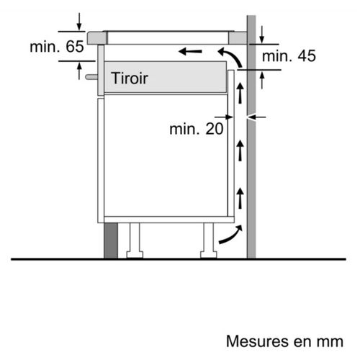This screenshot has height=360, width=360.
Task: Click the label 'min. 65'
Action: pos(57,47)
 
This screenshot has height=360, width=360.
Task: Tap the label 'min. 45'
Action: pos(289,56)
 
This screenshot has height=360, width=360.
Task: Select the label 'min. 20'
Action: pos(197,129)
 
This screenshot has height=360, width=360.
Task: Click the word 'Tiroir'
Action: pos(130,78)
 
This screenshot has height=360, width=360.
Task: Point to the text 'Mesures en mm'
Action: pos(284,341)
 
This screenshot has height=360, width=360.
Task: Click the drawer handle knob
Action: pos(91,77)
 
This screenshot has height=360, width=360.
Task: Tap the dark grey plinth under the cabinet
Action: pos(111,240)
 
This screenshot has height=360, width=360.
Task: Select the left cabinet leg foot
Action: pos(135,254)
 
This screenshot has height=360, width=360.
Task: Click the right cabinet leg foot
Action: pos(208,254)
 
